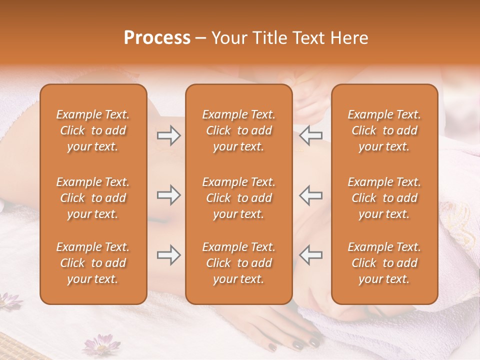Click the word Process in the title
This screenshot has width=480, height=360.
click(x=157, y=38)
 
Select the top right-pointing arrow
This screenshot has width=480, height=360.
click(x=169, y=135)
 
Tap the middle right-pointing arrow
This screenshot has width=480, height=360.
click(x=169, y=195)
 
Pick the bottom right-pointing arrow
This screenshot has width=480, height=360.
click(x=169, y=255)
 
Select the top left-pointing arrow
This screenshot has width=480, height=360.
click(x=311, y=135)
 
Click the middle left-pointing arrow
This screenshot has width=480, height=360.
click(x=311, y=195)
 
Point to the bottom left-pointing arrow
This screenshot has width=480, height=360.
click(x=311, y=255)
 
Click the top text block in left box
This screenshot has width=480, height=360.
click(x=93, y=130)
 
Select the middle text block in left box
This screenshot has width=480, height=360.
click(x=93, y=198)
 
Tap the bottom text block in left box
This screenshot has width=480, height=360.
click(x=93, y=263)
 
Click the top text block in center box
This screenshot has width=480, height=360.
click(x=238, y=130)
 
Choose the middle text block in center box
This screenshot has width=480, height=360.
click(x=238, y=198)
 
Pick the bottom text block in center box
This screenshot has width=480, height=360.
click(x=238, y=263)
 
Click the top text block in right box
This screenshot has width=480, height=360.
click(x=384, y=130)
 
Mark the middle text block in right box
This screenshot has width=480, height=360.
click(x=384, y=198)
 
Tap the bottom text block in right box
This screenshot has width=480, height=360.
click(x=384, y=263)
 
